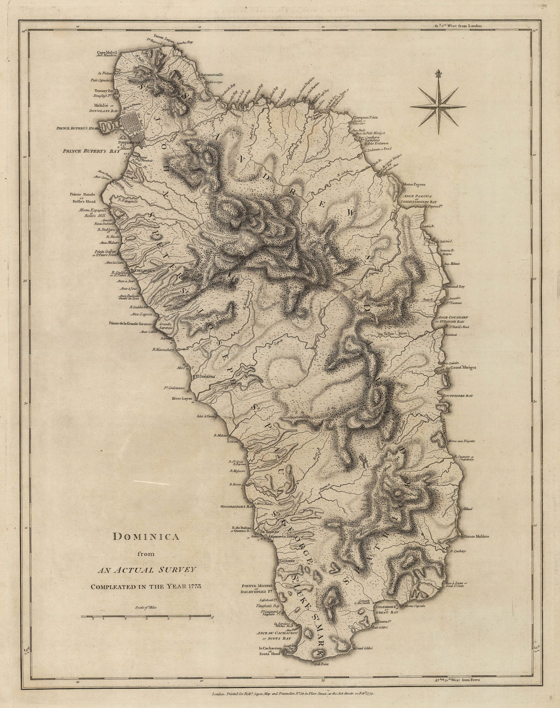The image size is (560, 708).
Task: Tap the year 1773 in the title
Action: pos(193,586)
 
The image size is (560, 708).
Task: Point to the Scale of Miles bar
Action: pos(147,616)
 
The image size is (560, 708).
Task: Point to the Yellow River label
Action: pos(389,334)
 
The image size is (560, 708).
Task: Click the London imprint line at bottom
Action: pos(288,695)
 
